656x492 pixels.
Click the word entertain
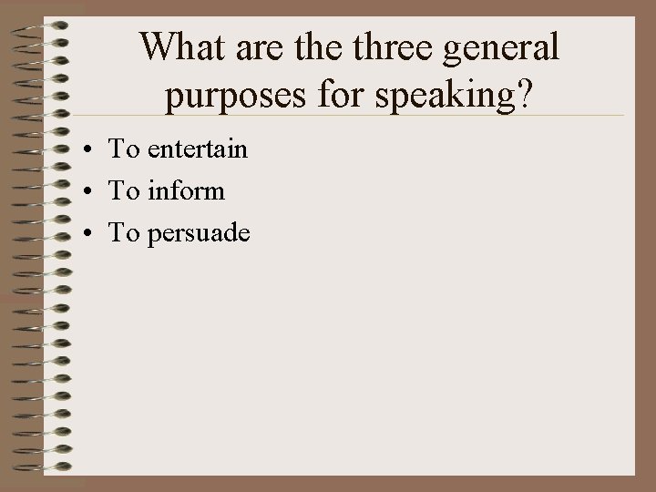tap(194, 149)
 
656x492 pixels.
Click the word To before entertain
tap(123, 149)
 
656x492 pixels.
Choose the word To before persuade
tap(123, 233)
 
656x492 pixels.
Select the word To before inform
tap(123, 190)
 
